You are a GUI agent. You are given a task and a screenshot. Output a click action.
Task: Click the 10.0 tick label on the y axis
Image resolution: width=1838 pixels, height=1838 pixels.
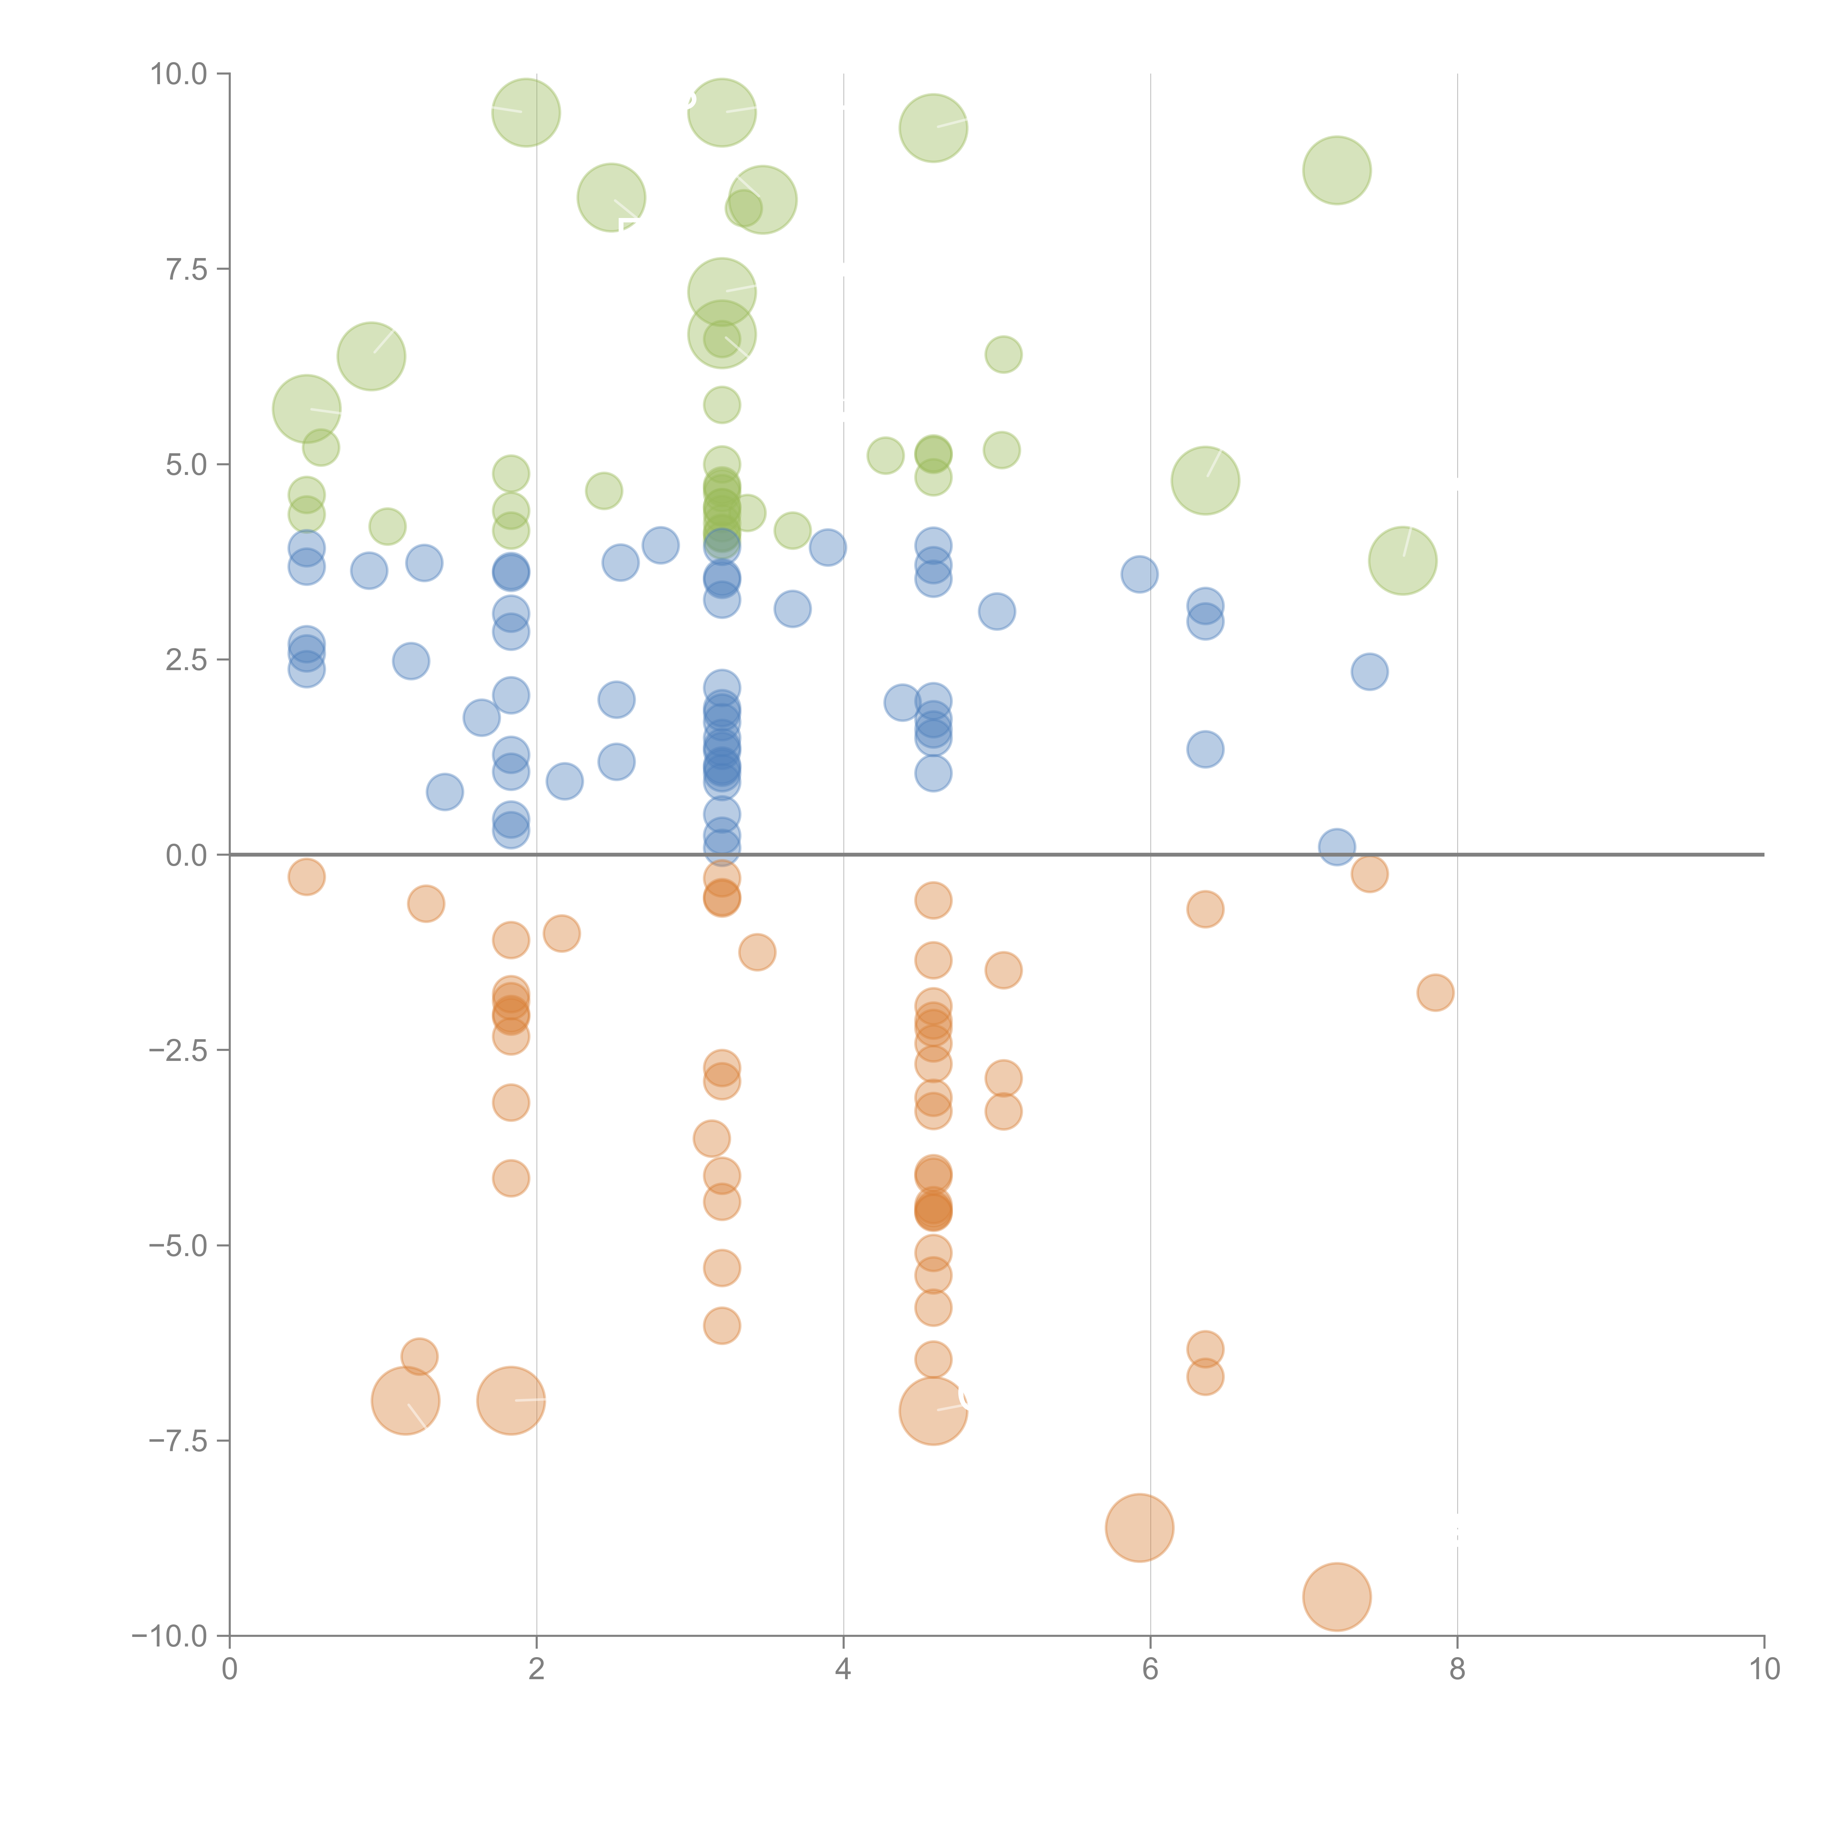179,74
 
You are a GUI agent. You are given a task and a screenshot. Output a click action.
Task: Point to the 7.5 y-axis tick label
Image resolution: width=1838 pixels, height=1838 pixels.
186,269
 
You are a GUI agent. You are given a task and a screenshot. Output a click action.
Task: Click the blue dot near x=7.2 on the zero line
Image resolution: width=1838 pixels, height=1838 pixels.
1337,847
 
